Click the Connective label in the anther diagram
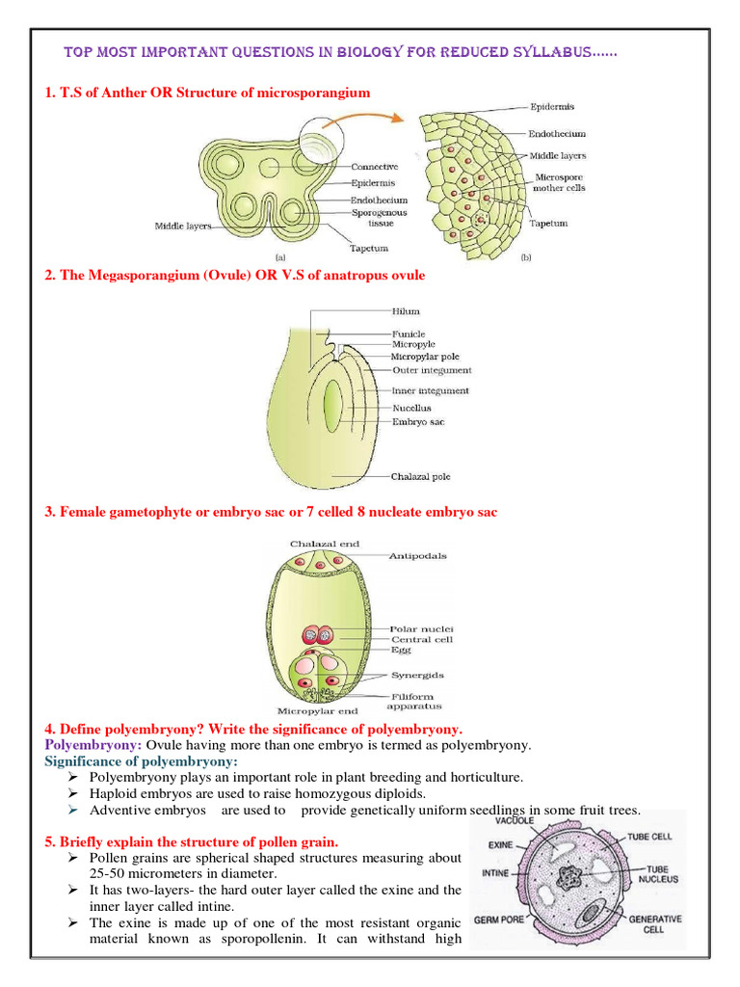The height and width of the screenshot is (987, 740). tap(375, 167)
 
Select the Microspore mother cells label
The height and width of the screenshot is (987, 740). tap(559, 183)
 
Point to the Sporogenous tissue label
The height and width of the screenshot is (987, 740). tap(379, 217)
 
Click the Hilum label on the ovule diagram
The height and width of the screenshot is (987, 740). tap(406, 311)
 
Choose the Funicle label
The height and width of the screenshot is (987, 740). tap(409, 333)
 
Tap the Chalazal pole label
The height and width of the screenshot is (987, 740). tap(421, 476)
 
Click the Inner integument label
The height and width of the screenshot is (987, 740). tap(431, 390)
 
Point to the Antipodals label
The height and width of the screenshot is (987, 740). tap(417, 556)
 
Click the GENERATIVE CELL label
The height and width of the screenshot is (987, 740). tap(655, 925)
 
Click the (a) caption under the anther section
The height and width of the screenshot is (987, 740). tap(280, 257)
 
